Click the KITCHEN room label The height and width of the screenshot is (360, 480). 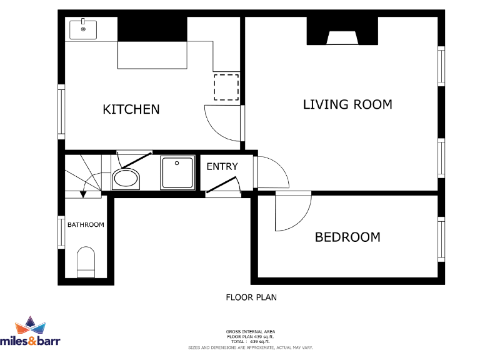click(x=131, y=109)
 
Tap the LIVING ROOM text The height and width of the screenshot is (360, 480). click(x=347, y=104)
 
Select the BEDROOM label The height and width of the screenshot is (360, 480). click(x=347, y=237)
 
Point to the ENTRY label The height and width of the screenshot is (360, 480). click(x=222, y=166)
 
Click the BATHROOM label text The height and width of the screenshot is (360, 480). click(x=86, y=224)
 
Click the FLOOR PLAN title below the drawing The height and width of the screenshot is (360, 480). click(x=251, y=297)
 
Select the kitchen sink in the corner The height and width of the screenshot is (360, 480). click(x=82, y=29)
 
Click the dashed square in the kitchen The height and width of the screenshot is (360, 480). click(x=226, y=87)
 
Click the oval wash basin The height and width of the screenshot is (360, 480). click(x=126, y=179)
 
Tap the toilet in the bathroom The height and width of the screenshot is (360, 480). click(x=85, y=262)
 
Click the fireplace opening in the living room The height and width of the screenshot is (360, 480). click(x=342, y=39)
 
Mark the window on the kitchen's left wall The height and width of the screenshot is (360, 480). click(x=61, y=112)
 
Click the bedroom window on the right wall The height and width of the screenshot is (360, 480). click(x=441, y=237)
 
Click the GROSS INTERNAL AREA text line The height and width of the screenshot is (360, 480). click(x=251, y=331)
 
